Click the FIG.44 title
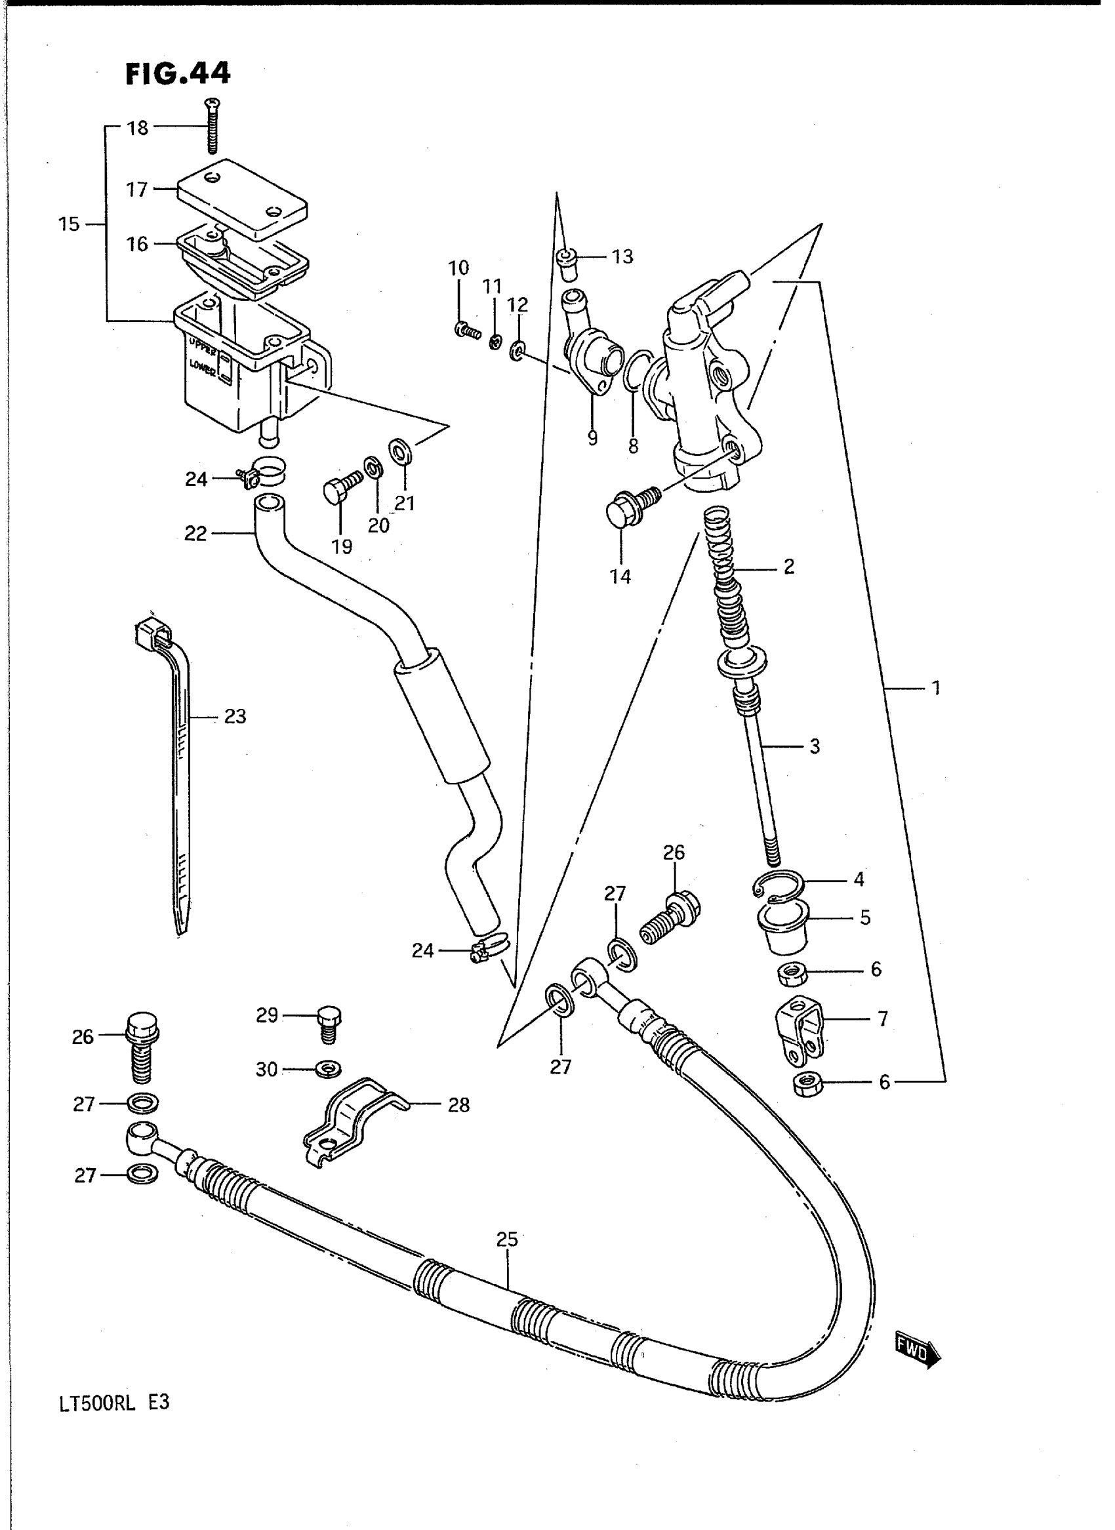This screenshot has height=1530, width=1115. pyautogui.click(x=178, y=73)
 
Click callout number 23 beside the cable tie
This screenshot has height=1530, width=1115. pyautogui.click(x=235, y=716)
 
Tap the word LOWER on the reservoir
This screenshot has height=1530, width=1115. pyautogui.click(x=203, y=368)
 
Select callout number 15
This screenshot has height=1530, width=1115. pyautogui.click(x=69, y=224)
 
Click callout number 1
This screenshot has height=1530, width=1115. pyautogui.click(x=935, y=688)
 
